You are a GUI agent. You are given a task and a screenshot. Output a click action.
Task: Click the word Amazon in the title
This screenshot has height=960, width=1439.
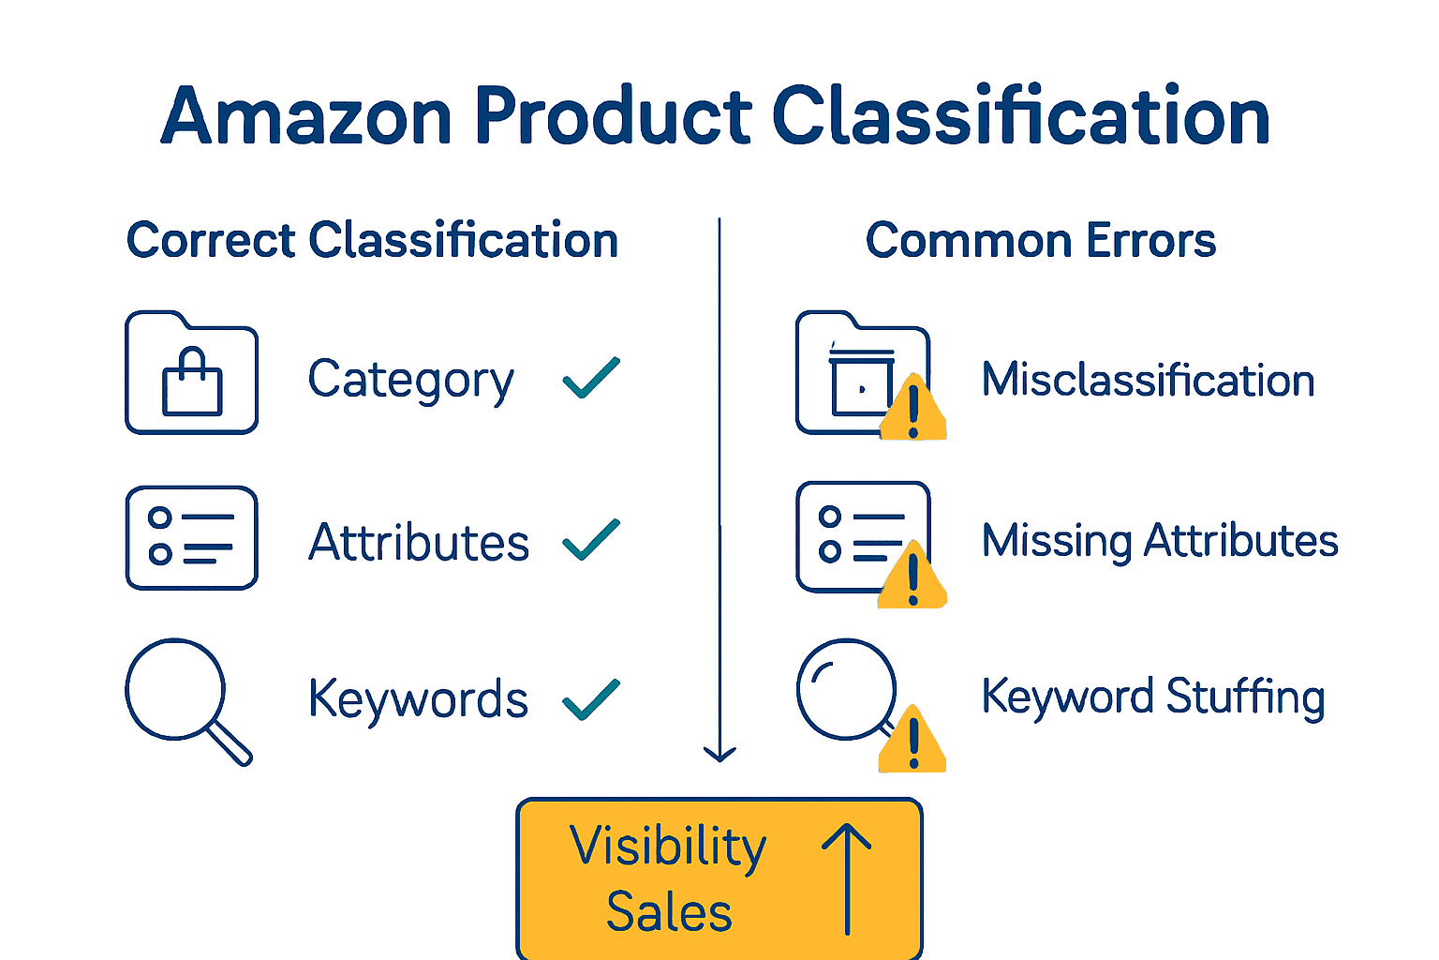coord(306,116)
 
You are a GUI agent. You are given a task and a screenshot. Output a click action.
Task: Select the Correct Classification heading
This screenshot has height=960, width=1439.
coord(372,240)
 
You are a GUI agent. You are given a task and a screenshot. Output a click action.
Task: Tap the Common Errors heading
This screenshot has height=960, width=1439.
coord(1040,240)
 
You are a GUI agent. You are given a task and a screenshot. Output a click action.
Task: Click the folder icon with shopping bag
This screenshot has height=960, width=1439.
coord(191,373)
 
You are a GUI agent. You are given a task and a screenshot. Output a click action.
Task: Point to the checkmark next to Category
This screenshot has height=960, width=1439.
coord(591,378)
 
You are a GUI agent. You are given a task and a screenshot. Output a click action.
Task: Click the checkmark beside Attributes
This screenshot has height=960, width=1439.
coord(591,539)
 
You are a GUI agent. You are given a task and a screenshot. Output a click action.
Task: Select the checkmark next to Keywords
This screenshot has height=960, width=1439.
coord(591,699)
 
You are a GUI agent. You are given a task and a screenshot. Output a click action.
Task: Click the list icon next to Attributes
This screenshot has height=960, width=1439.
coord(191,537)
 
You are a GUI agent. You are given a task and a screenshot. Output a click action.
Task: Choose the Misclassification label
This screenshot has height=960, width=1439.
coord(1148,380)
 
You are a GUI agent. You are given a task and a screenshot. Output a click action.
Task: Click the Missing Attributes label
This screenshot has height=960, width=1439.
coord(1160,541)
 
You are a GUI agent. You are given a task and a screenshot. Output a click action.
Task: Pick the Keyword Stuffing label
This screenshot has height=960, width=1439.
coord(1153,697)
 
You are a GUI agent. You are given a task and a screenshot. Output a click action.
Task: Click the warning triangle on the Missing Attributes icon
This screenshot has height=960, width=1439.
coord(912,579)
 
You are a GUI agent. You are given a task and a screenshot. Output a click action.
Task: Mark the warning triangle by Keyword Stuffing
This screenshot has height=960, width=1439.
coord(912,742)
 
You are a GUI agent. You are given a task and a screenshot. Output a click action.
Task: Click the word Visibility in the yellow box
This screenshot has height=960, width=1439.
coord(668,847)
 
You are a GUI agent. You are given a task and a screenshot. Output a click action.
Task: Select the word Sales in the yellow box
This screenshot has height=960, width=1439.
coord(669,911)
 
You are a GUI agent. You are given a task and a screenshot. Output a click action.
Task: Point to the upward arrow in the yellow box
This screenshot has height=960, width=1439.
coord(847,877)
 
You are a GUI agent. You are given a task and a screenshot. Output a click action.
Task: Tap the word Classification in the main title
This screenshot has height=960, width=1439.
coord(1020,116)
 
